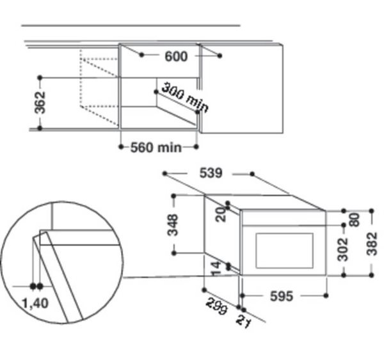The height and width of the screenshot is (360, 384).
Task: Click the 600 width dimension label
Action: (x=175, y=57)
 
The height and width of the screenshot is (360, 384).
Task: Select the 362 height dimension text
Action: (x=40, y=102)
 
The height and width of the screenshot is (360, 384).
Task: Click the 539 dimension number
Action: (x=211, y=173)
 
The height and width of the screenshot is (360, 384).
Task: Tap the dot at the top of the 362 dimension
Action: (x=40, y=77)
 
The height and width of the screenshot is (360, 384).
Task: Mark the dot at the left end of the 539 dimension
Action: (x=164, y=173)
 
